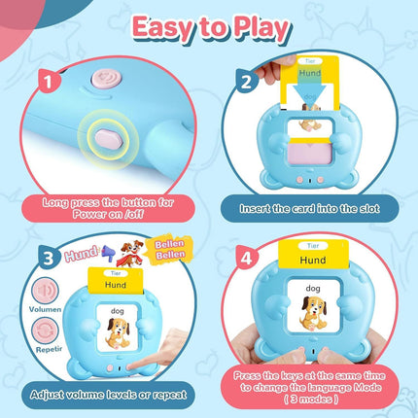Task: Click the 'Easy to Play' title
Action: click(211, 29)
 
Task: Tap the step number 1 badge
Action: click(50, 81)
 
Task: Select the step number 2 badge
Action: click(247, 81)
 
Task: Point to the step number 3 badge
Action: click(50, 258)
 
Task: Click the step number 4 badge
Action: click(247, 258)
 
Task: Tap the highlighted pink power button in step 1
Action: click(109, 139)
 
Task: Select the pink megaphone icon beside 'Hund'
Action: click(107, 252)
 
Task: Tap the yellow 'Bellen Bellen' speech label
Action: click(169, 249)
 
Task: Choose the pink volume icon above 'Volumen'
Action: click(46, 290)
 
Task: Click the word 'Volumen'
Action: click(45, 309)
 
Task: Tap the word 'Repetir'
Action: click(49, 350)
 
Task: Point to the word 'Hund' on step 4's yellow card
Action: click(313, 261)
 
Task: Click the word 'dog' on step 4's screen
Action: click(313, 288)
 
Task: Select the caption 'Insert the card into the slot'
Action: click(309, 208)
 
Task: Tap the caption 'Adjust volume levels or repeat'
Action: click(109, 395)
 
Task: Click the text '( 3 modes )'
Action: click(311, 400)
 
